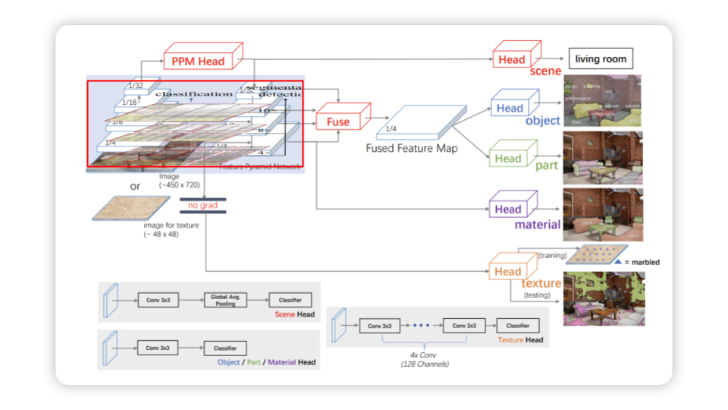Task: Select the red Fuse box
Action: point(338,121)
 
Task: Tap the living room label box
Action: point(600,58)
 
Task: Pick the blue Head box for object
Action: point(510,108)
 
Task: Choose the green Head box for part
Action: point(508,159)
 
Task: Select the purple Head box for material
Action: point(508,210)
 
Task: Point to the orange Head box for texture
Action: point(508,272)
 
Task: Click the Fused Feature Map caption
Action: point(412,148)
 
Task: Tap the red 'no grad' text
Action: point(202,205)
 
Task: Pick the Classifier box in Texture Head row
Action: point(518,326)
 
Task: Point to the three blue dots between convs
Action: point(421,326)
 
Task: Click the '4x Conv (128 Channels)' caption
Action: point(422,360)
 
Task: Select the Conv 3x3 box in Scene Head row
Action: point(158,300)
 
